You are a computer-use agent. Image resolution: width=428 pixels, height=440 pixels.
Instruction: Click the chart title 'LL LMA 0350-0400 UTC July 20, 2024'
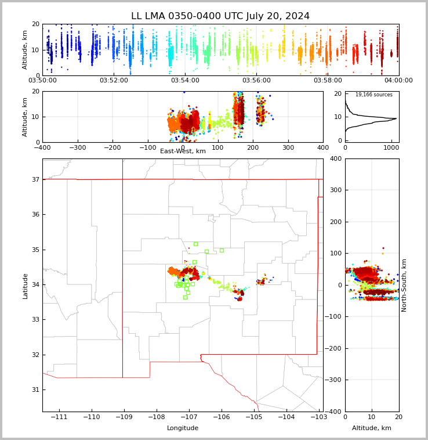pos(220,16)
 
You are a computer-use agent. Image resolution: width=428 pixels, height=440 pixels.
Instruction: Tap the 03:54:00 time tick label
pos(185,81)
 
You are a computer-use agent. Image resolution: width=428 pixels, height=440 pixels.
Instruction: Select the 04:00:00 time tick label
pos(398,81)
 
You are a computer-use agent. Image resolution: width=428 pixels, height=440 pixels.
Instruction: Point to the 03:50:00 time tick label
pos(42,81)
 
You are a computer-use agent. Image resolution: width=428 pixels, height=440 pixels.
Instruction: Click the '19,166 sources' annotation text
pos(373,95)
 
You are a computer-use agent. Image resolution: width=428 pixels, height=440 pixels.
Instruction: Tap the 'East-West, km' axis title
pos(183,152)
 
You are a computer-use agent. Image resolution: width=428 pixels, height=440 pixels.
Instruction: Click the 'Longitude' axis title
pos(183,428)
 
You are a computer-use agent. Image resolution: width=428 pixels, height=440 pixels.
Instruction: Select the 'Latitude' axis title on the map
pos(25,286)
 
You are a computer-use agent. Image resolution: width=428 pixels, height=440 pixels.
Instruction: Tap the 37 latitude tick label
pos(35,179)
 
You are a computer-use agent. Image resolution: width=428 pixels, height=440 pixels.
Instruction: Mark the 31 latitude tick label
pos(35,389)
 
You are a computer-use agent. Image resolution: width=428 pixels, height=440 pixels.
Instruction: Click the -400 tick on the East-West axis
pos(42,147)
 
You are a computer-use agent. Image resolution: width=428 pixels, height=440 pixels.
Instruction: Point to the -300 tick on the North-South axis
pos(335,380)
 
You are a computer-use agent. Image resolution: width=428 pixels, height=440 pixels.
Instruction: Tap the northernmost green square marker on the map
pos(195,244)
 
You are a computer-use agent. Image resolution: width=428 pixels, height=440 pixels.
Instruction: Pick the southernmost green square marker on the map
pos(185,297)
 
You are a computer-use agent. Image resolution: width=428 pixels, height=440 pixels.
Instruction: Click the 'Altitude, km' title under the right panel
pos(372,428)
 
